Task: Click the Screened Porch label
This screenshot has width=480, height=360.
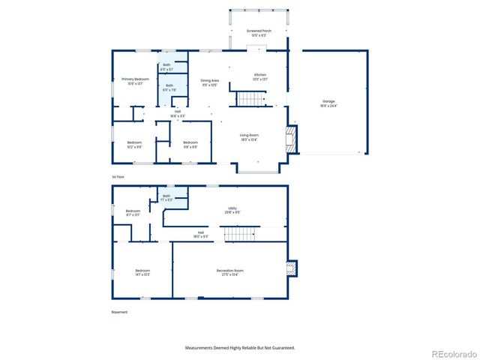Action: (x=259, y=31)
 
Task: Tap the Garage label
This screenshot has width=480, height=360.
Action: (x=328, y=100)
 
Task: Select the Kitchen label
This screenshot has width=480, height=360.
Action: (x=260, y=75)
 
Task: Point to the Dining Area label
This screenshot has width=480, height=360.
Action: (x=209, y=80)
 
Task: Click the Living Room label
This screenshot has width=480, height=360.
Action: (x=249, y=135)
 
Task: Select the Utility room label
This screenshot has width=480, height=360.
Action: (x=232, y=208)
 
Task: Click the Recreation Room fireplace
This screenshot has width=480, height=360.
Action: (x=292, y=268)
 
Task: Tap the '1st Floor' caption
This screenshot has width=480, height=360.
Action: (x=118, y=177)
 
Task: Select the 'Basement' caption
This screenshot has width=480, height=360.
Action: (x=120, y=312)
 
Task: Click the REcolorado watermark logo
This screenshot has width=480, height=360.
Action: (x=451, y=353)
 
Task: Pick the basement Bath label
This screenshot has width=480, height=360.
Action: (x=166, y=196)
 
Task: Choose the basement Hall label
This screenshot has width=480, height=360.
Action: (x=201, y=232)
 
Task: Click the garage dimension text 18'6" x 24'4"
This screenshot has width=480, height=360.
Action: (x=328, y=105)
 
